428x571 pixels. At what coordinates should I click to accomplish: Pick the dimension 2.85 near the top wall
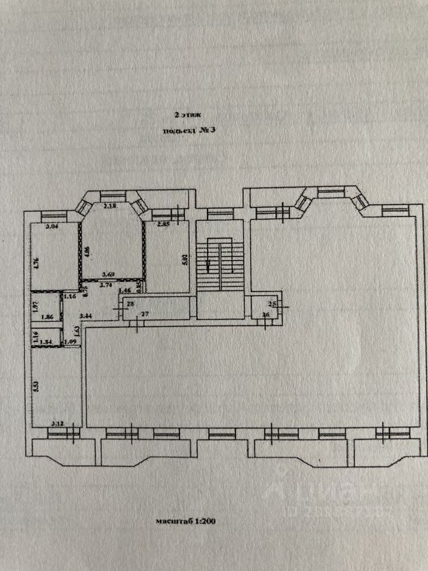tap(164, 225)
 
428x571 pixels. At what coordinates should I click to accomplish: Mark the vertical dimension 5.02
tap(185, 259)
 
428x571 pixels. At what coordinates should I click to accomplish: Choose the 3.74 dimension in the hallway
tap(107, 285)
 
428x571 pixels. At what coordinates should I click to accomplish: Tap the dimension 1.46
tap(125, 290)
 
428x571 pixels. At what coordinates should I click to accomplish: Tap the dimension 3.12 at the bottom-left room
tap(58, 423)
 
